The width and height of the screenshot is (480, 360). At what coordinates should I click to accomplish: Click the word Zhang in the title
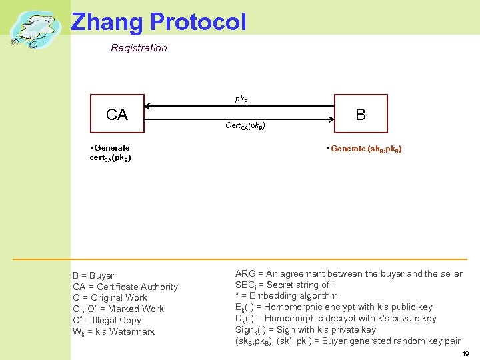click(107, 21)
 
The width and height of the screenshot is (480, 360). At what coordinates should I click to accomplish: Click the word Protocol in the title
click(198, 21)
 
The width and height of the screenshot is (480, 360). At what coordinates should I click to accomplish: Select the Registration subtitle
click(139, 48)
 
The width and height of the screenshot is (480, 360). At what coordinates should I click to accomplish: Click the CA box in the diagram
click(117, 115)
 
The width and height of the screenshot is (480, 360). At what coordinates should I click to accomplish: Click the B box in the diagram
click(361, 115)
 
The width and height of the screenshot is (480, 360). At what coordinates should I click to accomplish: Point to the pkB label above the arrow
click(241, 99)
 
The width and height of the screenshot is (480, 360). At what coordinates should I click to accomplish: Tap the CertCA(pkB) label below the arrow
click(245, 125)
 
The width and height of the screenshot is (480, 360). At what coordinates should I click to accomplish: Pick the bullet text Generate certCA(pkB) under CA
click(110, 153)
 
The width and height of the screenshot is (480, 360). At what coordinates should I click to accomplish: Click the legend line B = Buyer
click(93, 275)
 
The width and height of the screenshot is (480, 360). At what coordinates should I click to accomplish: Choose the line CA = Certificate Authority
click(125, 287)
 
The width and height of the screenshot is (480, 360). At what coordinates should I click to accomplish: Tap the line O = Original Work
click(110, 298)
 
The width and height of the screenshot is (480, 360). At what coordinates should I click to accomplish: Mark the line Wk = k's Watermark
click(113, 331)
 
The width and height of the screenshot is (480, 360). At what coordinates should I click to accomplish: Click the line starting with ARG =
click(348, 274)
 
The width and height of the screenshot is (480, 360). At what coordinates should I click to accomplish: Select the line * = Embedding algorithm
click(287, 296)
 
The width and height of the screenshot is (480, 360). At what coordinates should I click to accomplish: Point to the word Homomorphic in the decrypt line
click(296, 319)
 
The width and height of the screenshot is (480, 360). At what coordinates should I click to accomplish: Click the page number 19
click(465, 354)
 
